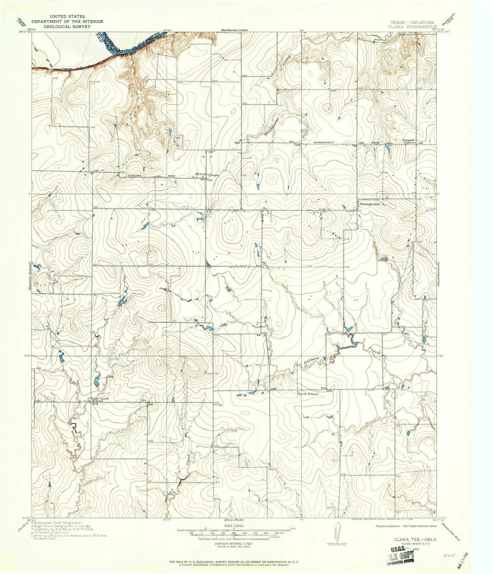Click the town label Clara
click(213, 175)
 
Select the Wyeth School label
click(307, 394)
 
